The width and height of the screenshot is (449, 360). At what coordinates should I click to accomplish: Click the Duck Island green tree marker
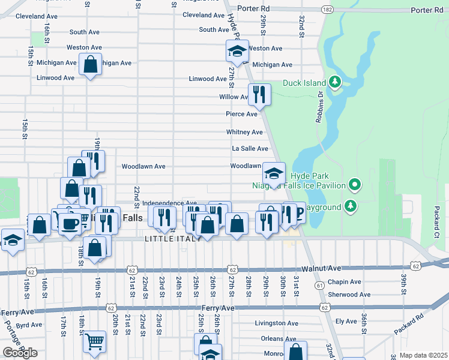click(x=335, y=82)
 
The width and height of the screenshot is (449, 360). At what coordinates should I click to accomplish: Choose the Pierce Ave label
click(x=241, y=114)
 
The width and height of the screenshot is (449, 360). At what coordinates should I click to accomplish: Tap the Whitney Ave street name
click(x=244, y=132)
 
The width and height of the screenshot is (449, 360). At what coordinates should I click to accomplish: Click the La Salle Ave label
click(x=250, y=149)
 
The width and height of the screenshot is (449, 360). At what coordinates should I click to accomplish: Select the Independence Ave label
click(x=170, y=203)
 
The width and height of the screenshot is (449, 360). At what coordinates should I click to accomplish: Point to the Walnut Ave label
click(x=321, y=269)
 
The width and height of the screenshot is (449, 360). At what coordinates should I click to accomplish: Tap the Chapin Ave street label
click(x=345, y=282)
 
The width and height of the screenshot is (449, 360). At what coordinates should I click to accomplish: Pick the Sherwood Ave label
click(x=349, y=295)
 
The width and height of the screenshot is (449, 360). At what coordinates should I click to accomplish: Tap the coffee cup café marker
click(x=70, y=223)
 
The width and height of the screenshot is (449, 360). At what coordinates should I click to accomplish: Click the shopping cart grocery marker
click(x=94, y=341)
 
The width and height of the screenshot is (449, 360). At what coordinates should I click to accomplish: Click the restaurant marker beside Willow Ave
click(x=259, y=94)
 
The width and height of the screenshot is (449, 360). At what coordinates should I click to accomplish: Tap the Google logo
click(x=20, y=353)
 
